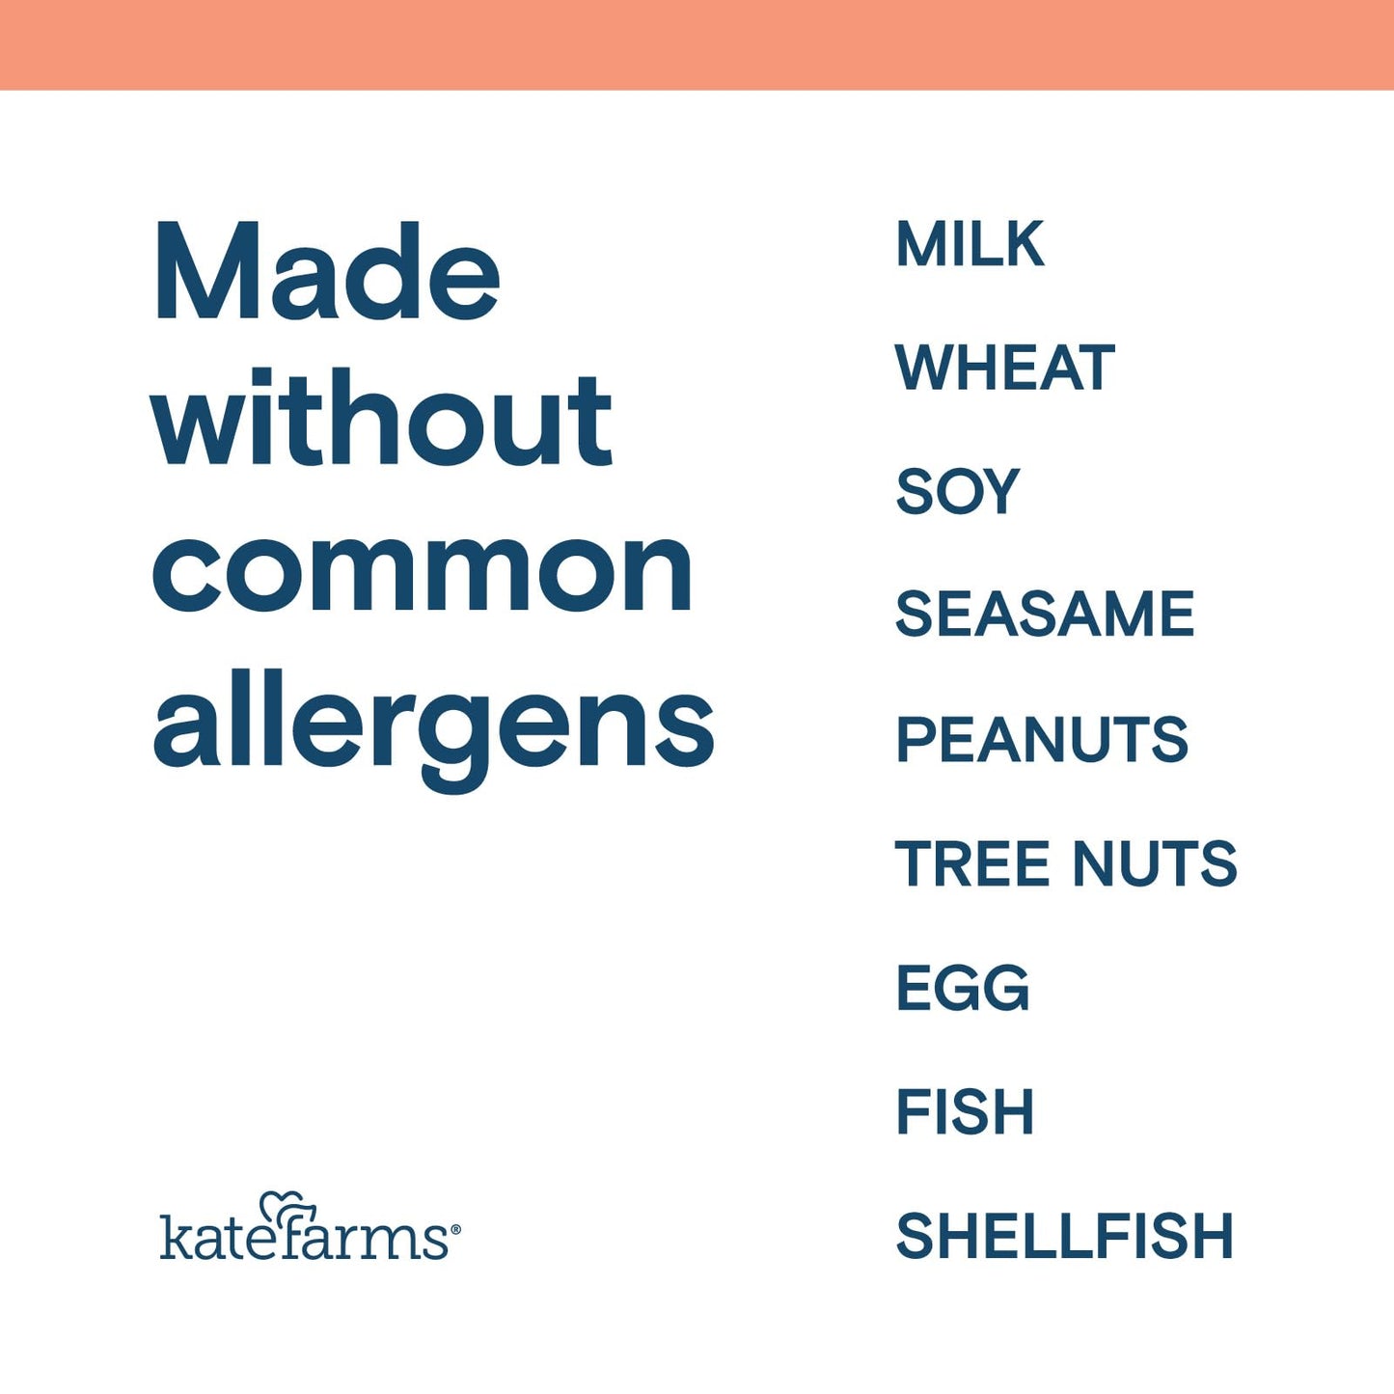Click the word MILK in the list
970,244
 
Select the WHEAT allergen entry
1004,368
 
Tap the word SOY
957,491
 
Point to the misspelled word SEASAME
1045,615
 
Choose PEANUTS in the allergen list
1042,739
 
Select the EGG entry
963,988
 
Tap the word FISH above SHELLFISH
965,1111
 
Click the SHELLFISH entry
1064,1236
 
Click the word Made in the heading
326,272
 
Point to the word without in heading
382,420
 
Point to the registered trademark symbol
455,1229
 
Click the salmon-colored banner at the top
697,44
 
